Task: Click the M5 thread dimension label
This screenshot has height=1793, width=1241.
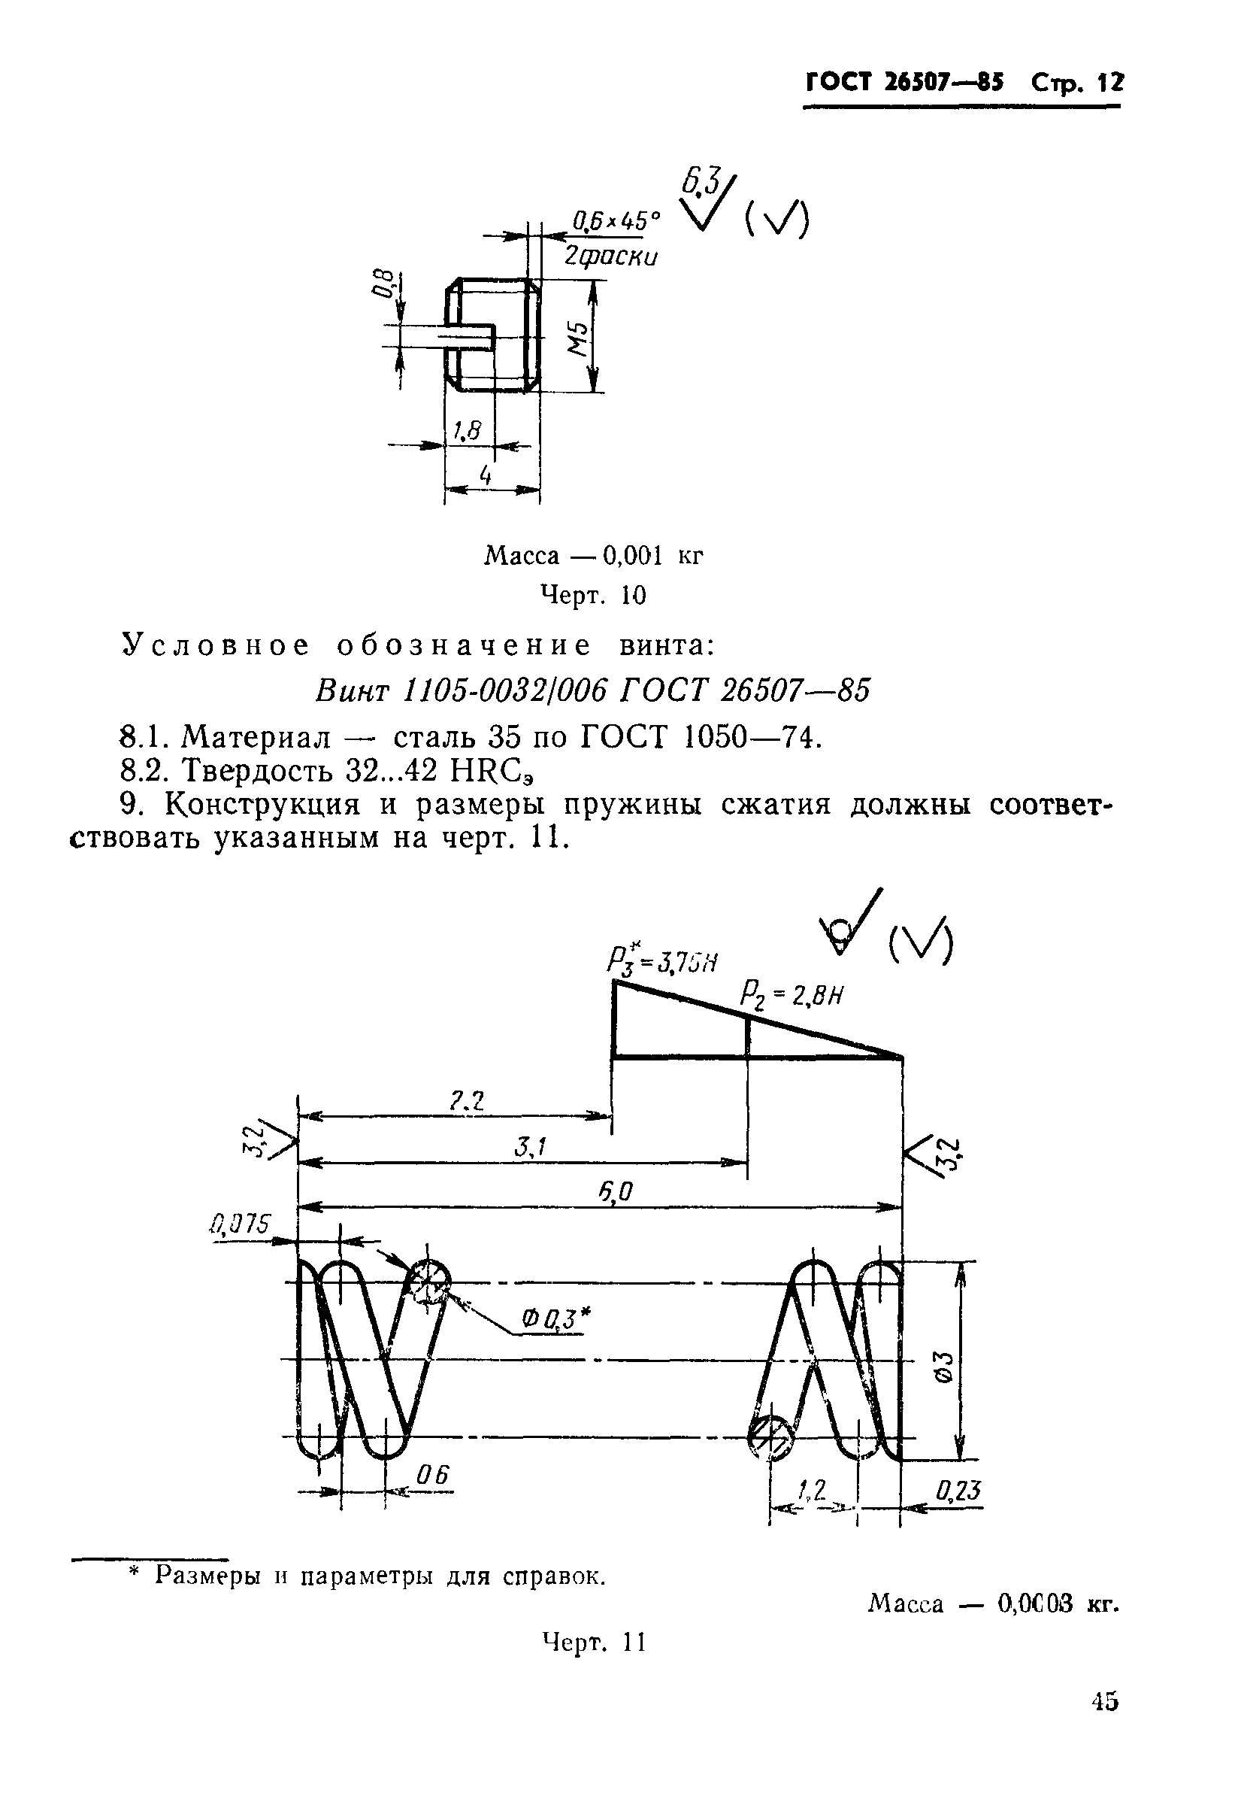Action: [x=577, y=337]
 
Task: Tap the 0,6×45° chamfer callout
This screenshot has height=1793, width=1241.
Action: [x=615, y=222]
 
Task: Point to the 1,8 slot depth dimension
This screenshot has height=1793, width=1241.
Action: [x=467, y=430]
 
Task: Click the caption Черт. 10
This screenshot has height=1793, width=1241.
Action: [x=593, y=596]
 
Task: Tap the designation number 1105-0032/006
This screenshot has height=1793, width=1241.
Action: [x=506, y=689]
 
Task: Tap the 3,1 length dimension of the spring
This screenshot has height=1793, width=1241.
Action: [x=531, y=1147]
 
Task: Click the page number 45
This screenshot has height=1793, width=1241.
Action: [x=1104, y=1702]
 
